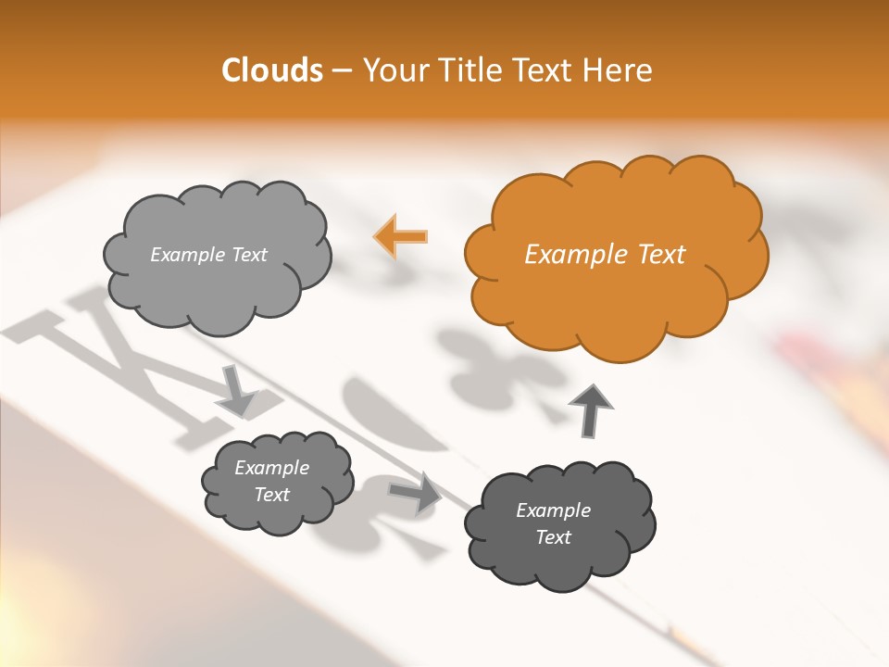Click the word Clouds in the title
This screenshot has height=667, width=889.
[271, 70]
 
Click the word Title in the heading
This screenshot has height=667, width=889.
[473, 70]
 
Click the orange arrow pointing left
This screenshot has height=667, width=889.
[400, 236]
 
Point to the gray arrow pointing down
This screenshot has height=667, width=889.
[236, 389]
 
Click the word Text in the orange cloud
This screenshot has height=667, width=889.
[661, 255]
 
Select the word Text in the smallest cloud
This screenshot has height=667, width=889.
[272, 495]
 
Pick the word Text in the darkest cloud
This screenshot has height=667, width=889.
[554, 537]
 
